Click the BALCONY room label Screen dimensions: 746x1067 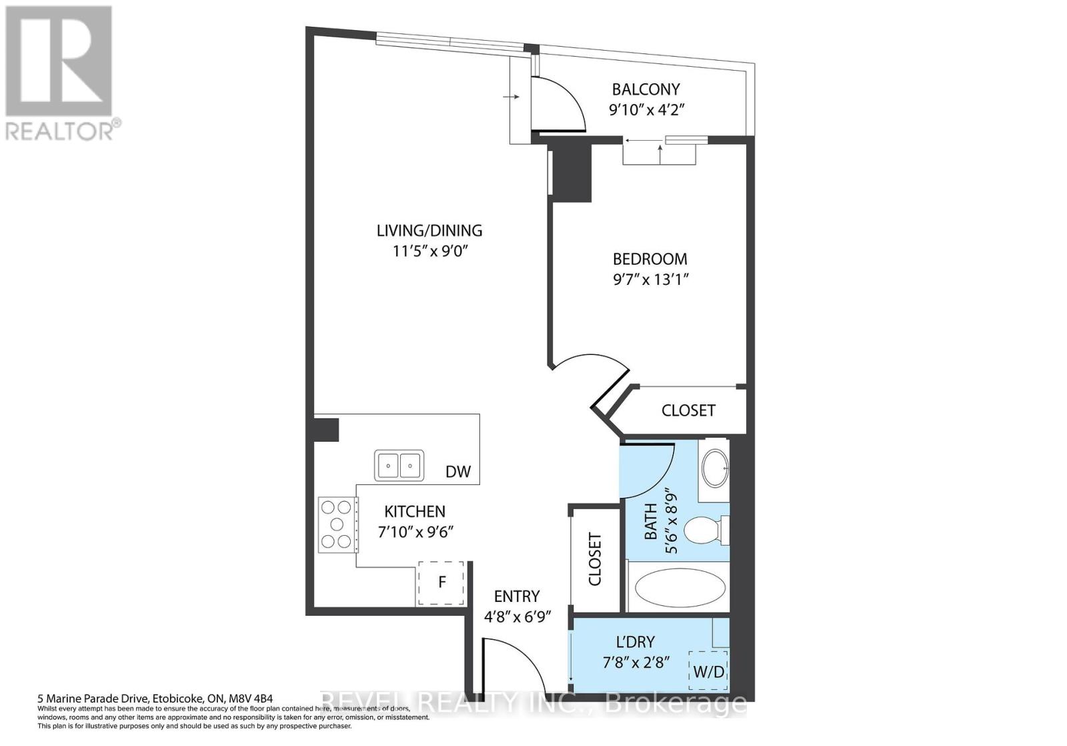click(x=646, y=89)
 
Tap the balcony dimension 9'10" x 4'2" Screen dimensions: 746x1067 click(x=647, y=109)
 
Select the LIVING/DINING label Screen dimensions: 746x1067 click(x=429, y=231)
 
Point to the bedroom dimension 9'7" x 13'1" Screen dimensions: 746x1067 click(x=650, y=279)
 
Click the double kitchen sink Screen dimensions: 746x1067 click(x=399, y=464)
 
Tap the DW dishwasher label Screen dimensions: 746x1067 click(x=457, y=472)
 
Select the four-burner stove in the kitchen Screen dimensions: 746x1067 click(x=336, y=524)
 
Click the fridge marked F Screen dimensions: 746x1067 click(x=441, y=583)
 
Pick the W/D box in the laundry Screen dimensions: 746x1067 click(x=708, y=671)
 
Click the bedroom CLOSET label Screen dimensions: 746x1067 click(x=688, y=410)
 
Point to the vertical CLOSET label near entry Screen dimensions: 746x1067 click(x=595, y=559)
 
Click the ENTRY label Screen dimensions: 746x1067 click(x=516, y=597)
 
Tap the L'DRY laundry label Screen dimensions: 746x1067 click(x=635, y=642)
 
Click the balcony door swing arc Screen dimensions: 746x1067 click(x=567, y=100)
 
